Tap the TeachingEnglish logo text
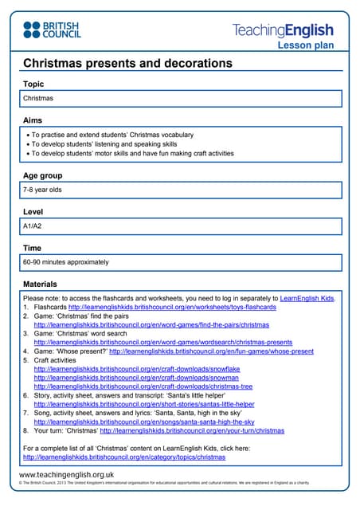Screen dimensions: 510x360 pos(283,31)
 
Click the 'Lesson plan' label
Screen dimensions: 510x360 pos(305,46)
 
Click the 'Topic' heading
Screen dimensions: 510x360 pos(33,84)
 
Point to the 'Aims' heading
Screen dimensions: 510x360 pos(33,120)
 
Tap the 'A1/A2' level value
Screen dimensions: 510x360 pos(33,226)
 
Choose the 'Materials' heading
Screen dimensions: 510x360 pos(40,284)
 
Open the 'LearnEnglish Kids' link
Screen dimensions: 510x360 pos(307,298)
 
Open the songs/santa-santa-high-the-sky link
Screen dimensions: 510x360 pos(144,422)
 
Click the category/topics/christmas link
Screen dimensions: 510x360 pos(123,457)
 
